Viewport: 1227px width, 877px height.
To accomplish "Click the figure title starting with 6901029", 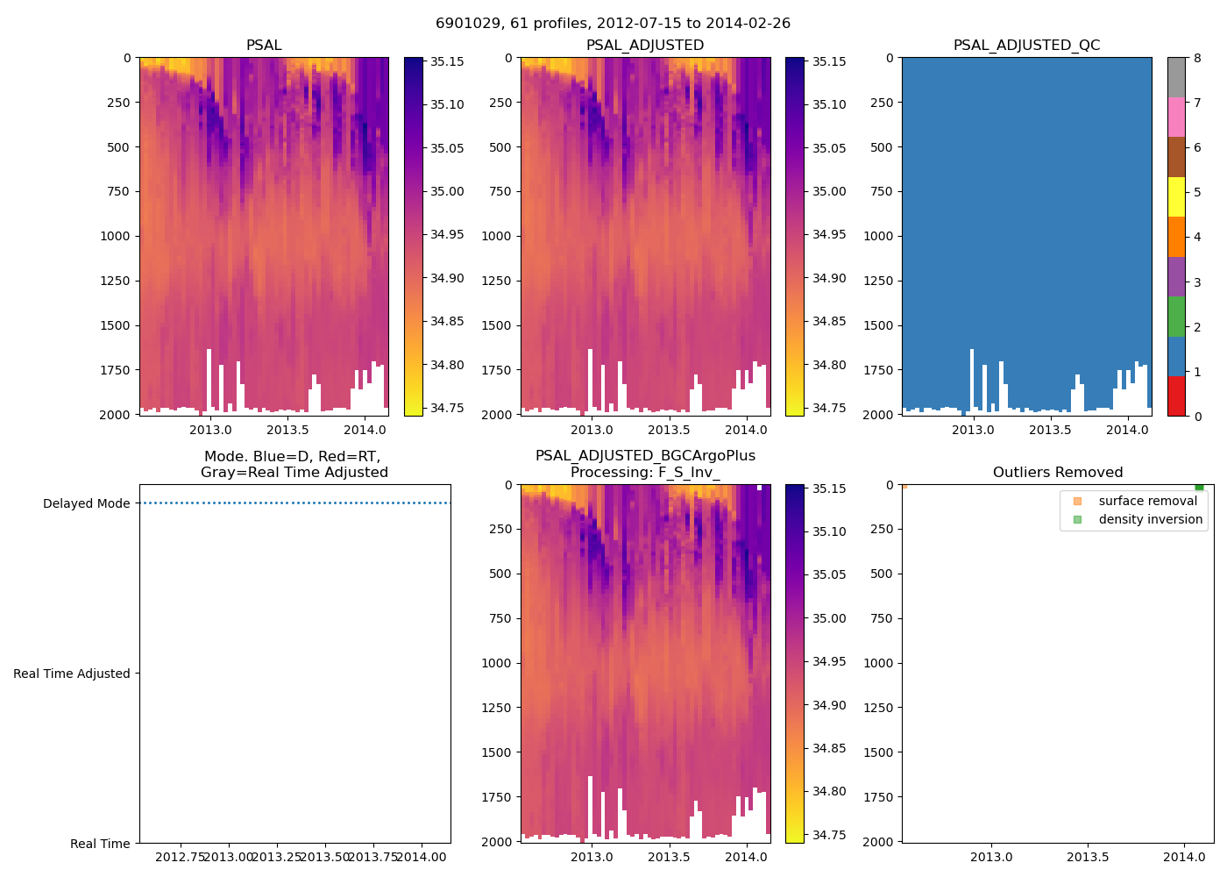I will [x=613, y=24].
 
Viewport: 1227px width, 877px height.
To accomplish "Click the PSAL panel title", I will [x=264, y=46].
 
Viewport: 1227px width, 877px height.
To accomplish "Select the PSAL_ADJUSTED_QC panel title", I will [x=1026, y=46].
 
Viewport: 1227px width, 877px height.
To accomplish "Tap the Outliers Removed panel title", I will [x=1057, y=473].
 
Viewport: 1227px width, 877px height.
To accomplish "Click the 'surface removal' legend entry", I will [x=1147, y=501].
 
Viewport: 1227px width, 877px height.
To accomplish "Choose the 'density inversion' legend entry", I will [x=1150, y=519].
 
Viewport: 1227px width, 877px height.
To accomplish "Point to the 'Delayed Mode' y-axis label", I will [x=86, y=503].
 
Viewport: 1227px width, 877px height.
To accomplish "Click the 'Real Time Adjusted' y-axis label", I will [x=72, y=674].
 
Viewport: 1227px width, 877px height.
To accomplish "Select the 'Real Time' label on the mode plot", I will [x=100, y=844].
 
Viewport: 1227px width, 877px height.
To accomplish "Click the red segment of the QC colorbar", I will [x=1176, y=396].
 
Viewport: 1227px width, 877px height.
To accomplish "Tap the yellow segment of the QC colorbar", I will [x=1176, y=196].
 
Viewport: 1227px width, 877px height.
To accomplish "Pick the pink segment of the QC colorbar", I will [x=1176, y=117].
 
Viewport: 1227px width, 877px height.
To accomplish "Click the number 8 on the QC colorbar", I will [x=1197, y=58].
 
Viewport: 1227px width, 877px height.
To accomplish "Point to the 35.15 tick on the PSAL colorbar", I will [x=447, y=61].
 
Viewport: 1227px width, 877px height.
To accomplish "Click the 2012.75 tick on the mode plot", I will [x=181, y=857].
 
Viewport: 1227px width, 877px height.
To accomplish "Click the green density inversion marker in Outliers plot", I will [x=1199, y=487].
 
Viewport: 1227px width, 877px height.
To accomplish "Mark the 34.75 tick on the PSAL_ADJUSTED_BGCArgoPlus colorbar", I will [x=829, y=835].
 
